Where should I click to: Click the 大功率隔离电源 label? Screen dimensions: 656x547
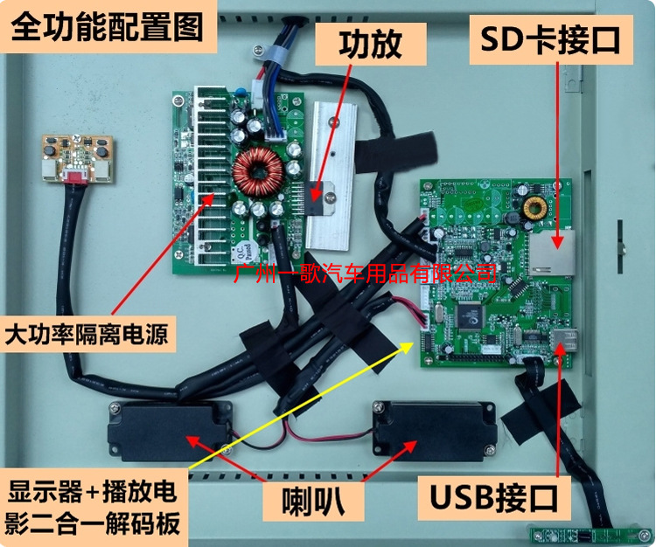coord(86,333)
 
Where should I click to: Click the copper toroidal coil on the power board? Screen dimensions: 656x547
coord(261,171)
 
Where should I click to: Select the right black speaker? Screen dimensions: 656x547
coord(429,427)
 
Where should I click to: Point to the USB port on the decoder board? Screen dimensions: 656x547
coord(565,340)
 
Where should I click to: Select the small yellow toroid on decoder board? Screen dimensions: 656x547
coord(534,208)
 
